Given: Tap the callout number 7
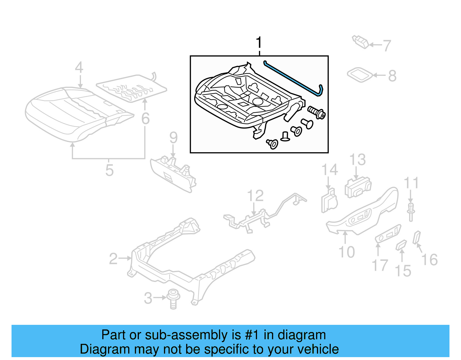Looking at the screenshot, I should click(387, 46).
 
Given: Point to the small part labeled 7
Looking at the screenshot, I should click(360, 42).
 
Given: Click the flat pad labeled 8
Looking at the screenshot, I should click(360, 75).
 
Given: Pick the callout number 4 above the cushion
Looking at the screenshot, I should click(79, 67).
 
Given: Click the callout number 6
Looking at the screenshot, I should click(146, 118).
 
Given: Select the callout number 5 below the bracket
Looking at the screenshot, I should click(109, 170).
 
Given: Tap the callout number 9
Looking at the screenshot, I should click(173, 137).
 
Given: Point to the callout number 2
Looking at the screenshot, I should click(113, 259).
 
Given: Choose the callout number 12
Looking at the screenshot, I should click(255, 196).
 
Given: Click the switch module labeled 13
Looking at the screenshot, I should click(358, 187).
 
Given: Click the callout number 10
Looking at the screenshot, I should click(346, 252).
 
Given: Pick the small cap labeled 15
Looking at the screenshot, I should click(401, 245).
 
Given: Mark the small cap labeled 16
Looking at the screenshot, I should click(417, 237).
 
